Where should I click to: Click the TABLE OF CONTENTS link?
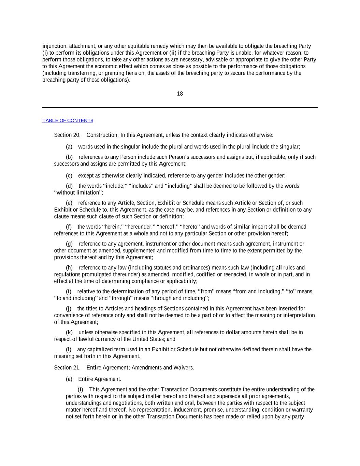tap(68, 121)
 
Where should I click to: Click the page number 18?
tap(180, 94)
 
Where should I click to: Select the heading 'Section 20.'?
tap(67, 135)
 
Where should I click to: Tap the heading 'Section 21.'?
tap(67, 368)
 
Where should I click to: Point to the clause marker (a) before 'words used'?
tap(69, 147)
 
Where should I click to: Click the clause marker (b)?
tap(69, 157)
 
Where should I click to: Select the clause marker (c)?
tap(69, 176)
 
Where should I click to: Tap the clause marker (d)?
tap(69, 186)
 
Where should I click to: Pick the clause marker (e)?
tap(69, 203)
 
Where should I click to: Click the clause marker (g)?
tap(69, 244)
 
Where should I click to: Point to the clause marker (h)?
tap(69, 268)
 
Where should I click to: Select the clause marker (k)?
tap(69, 333)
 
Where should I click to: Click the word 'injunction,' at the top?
tap(55, 46)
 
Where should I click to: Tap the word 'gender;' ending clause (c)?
tap(277, 176)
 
